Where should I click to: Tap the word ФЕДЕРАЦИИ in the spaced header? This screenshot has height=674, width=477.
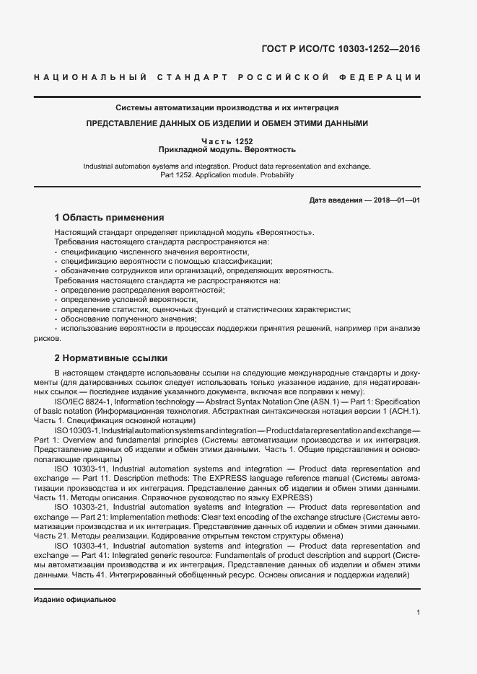tap(386, 77)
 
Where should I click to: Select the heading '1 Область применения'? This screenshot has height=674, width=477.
tap(109, 217)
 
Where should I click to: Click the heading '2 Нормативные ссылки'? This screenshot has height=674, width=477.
tap(110, 358)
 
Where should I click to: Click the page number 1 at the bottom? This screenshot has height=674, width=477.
tap(419, 612)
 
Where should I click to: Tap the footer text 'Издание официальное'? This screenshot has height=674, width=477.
tap(75, 600)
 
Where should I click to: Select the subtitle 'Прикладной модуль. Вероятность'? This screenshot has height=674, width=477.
tap(227, 150)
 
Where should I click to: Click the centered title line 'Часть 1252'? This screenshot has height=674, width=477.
tap(227, 141)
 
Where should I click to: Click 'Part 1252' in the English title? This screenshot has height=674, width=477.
tap(178, 174)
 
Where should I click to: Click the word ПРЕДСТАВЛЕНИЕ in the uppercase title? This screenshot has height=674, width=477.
tap(123, 123)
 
